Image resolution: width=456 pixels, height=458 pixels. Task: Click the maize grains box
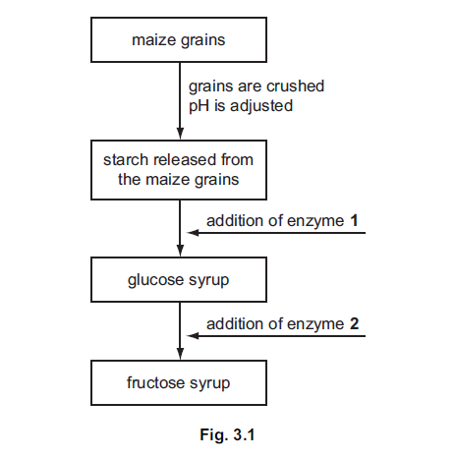178,41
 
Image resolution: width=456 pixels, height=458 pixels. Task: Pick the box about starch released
178,168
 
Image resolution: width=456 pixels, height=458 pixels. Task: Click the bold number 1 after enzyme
352,220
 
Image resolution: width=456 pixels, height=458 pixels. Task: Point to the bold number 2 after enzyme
352,321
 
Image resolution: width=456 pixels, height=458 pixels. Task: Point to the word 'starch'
125,159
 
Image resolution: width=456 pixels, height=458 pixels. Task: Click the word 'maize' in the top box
151,41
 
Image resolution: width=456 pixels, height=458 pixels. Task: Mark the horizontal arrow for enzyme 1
280,234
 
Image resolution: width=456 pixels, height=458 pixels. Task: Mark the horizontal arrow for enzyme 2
280,335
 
